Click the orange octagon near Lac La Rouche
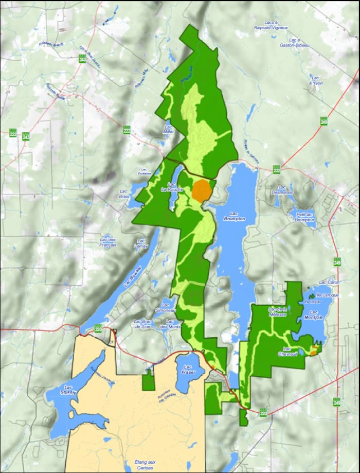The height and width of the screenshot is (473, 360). click(x=202, y=190)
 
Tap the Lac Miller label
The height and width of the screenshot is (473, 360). click(x=168, y=129)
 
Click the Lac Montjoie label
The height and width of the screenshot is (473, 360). click(x=316, y=314)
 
